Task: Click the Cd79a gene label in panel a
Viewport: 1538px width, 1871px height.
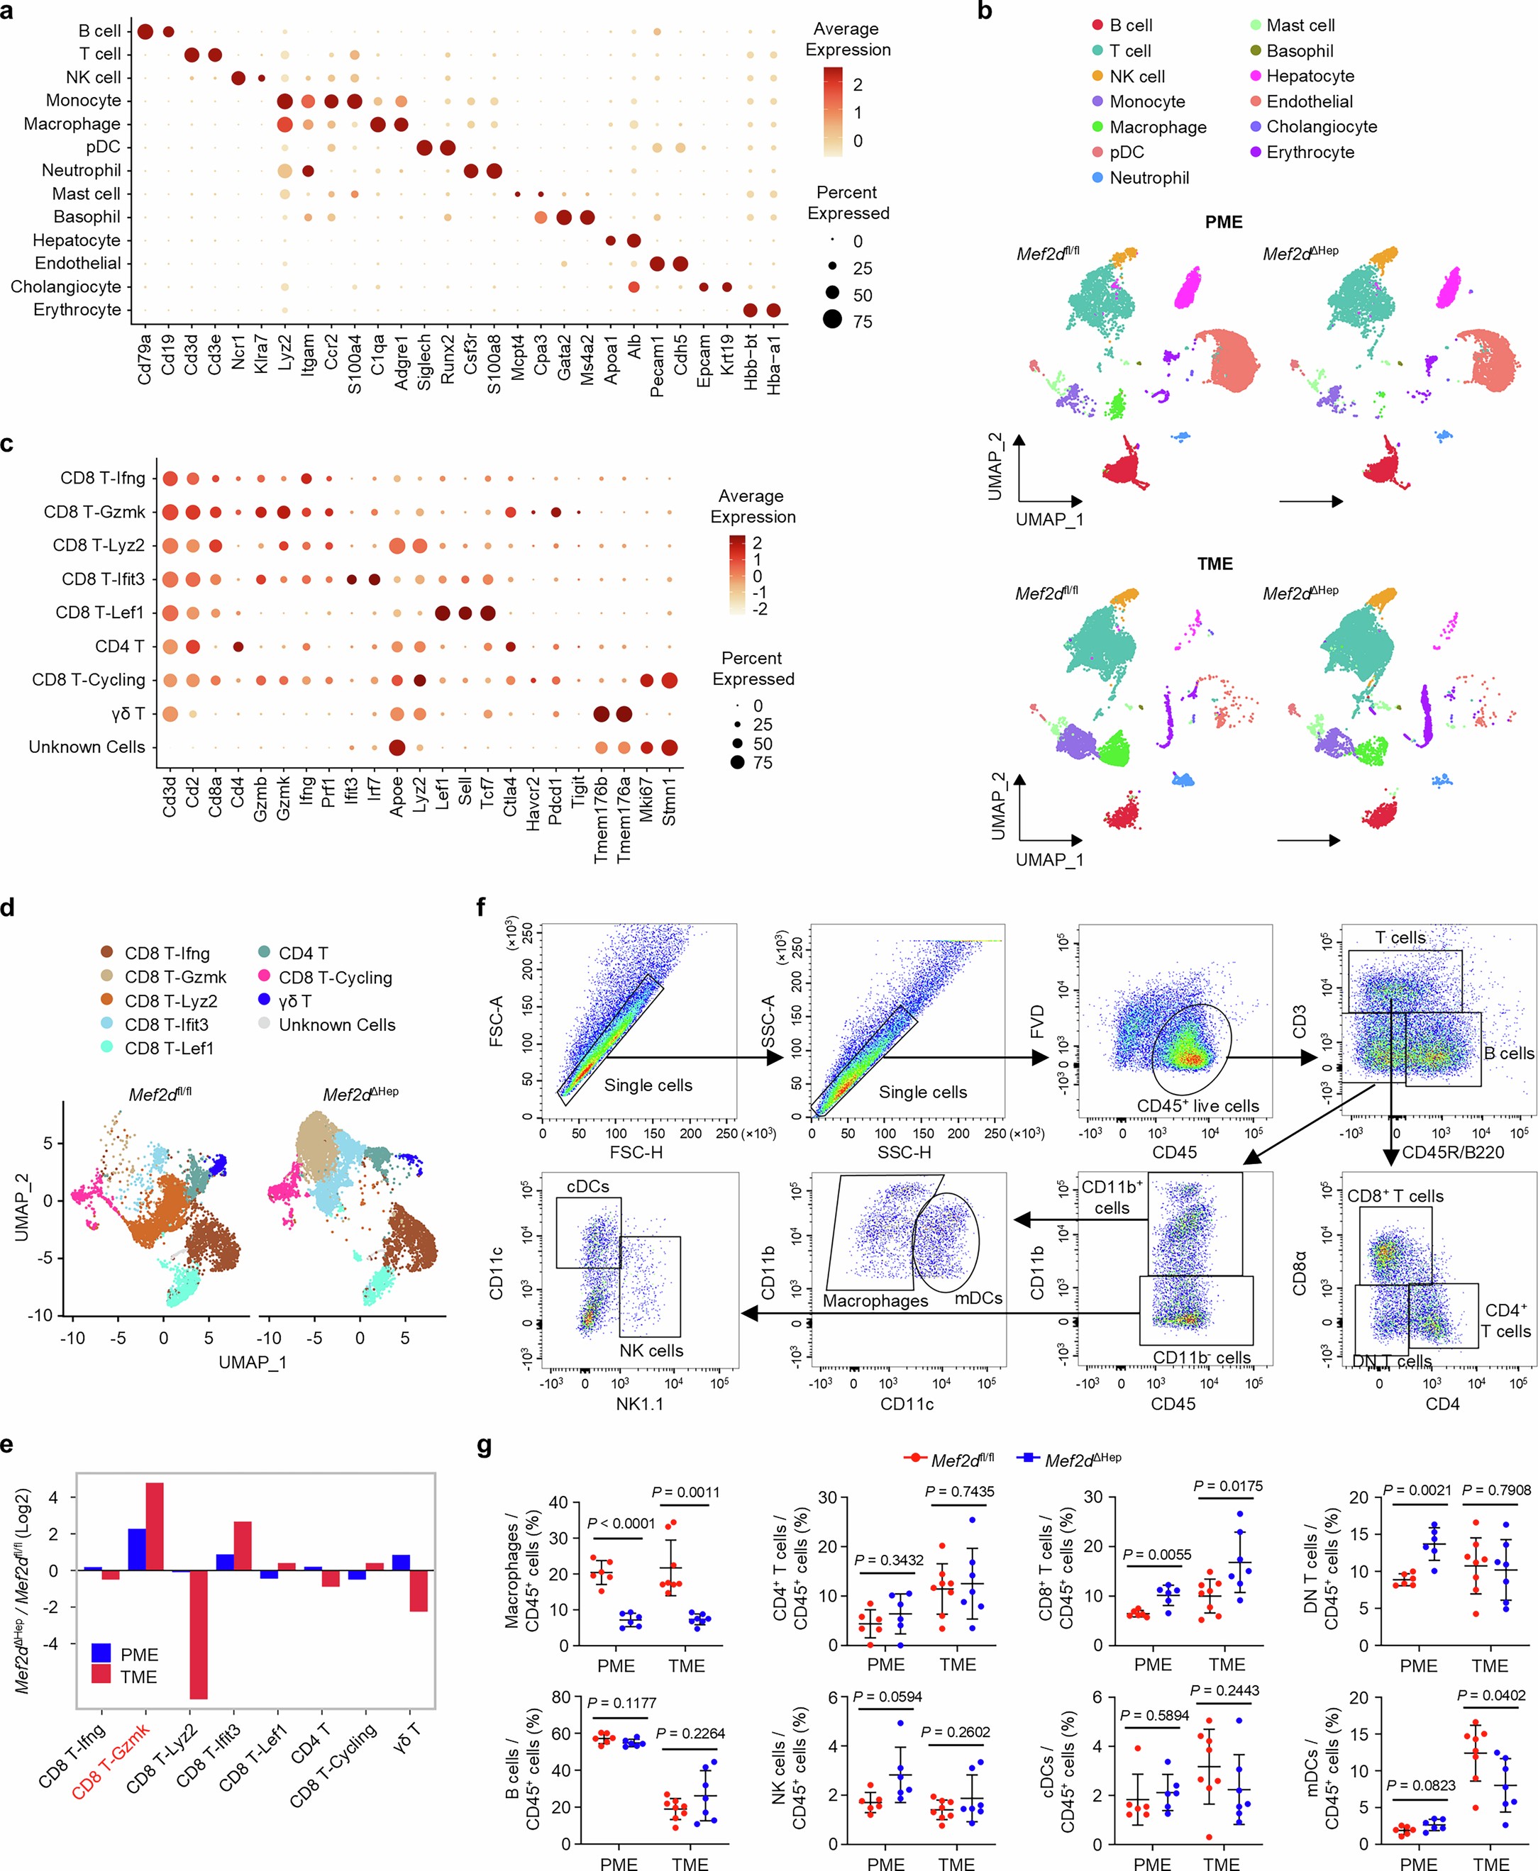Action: (x=145, y=363)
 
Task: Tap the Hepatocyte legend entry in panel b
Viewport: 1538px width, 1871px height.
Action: (x=1310, y=76)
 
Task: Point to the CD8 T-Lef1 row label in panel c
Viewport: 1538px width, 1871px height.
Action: (x=99, y=613)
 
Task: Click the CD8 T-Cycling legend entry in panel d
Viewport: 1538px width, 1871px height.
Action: (x=335, y=978)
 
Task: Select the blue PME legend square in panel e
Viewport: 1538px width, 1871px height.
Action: (x=102, y=1653)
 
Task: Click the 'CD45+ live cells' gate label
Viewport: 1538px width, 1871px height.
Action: (x=1197, y=1106)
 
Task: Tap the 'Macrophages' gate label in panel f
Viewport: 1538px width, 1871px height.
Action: (x=875, y=1301)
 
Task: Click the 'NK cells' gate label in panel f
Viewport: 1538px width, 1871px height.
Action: (x=651, y=1351)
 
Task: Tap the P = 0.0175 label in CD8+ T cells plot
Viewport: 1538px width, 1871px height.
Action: (x=1228, y=1487)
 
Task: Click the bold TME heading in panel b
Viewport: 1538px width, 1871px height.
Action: (x=1215, y=564)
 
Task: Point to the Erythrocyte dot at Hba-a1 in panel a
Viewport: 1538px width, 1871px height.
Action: (x=773, y=310)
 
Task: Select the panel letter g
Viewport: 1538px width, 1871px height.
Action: (x=485, y=1447)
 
